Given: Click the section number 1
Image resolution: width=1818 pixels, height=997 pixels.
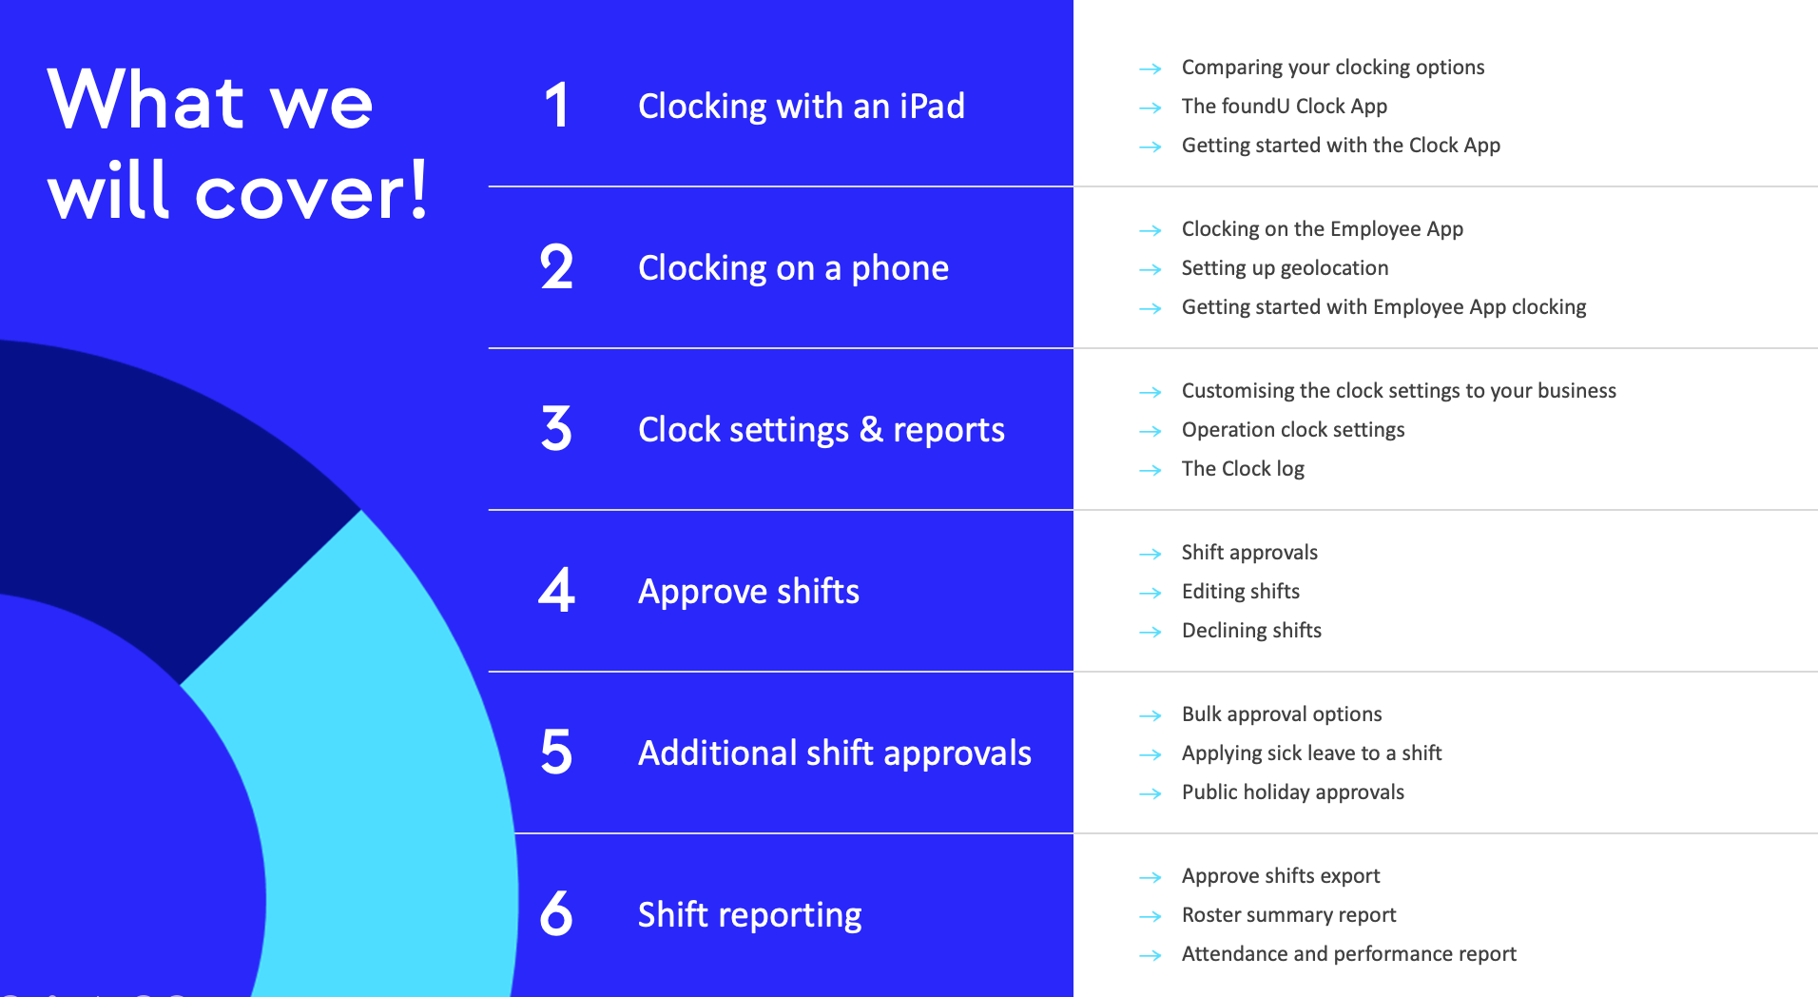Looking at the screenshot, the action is [557, 106].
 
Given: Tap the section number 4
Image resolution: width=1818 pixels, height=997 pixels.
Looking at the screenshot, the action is [557, 590].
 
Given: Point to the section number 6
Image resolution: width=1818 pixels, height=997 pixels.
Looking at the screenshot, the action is [556, 913].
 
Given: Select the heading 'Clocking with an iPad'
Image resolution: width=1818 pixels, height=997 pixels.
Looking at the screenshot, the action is [802, 106].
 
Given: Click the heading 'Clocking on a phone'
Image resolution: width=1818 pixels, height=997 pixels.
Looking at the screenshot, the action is [793, 268].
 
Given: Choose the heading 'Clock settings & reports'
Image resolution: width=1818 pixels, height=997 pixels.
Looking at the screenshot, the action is [822, 430].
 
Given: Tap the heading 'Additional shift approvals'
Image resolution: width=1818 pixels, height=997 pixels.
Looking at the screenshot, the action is [835, 753].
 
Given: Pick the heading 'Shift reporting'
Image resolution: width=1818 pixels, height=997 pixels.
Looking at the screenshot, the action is [749, 915].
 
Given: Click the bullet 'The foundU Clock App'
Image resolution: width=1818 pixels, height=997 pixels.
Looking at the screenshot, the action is [1285, 107].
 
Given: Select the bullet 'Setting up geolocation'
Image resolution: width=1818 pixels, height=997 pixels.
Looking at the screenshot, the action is [1285, 268].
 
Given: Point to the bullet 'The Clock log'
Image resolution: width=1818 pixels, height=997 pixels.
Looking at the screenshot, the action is [1243, 469].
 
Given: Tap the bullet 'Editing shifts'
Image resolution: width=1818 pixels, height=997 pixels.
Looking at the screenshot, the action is [1241, 592].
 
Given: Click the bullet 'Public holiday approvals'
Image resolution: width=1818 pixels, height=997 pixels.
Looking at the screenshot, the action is [1293, 792].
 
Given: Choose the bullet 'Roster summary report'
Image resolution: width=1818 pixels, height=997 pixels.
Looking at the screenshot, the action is [1289, 915].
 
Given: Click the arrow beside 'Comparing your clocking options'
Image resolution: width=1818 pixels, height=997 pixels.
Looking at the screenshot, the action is [1151, 68].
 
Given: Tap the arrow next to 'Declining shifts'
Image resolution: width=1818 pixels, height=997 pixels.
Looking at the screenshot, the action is [1151, 632].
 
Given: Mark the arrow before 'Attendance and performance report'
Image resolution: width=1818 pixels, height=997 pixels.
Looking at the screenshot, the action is [1151, 955].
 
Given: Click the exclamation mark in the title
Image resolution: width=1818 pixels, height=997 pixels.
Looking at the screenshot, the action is [417, 188].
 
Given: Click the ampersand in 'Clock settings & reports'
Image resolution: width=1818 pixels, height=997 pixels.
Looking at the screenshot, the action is [871, 429].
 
